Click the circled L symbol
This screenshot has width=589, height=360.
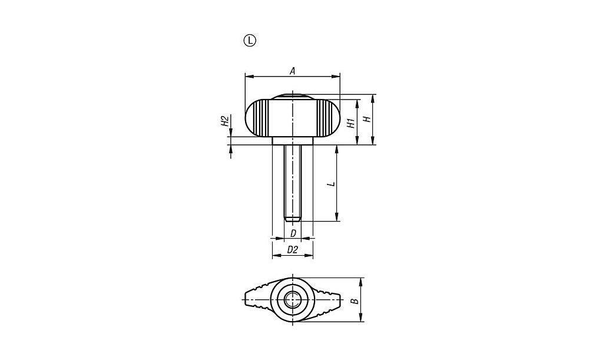(250, 40)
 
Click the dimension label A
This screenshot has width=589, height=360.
(293, 71)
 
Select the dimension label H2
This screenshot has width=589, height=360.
(224, 121)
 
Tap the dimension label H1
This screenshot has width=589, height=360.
(351, 123)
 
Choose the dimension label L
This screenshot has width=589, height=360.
(331, 184)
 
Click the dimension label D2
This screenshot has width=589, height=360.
(292, 249)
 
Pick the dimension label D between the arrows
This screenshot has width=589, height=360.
(293, 233)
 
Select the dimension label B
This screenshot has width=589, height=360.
(355, 300)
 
